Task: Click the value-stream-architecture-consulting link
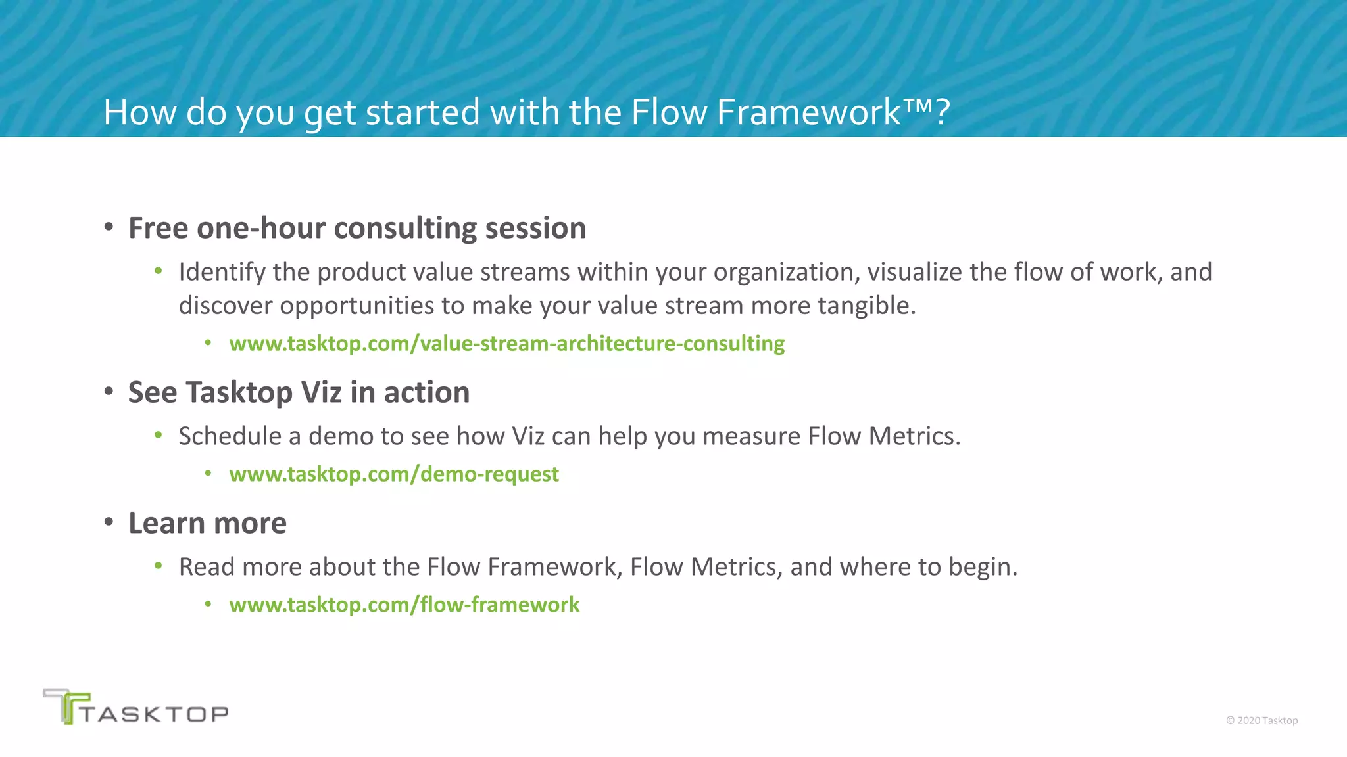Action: pyautogui.click(x=506, y=344)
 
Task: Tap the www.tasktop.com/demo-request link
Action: pyautogui.click(x=393, y=474)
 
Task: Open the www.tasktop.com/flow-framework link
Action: pyautogui.click(x=404, y=605)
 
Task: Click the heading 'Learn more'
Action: pyautogui.click(x=207, y=524)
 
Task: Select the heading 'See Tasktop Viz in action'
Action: pyautogui.click(x=299, y=393)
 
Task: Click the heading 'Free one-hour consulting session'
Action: pyautogui.click(x=356, y=229)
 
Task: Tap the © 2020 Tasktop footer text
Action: pyautogui.click(x=1261, y=720)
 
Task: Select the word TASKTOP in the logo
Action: pyautogui.click(x=155, y=714)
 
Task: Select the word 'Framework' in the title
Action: pyautogui.click(x=808, y=112)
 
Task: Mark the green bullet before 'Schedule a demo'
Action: pyautogui.click(x=159, y=434)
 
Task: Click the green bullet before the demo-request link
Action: pyautogui.click(x=208, y=473)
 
